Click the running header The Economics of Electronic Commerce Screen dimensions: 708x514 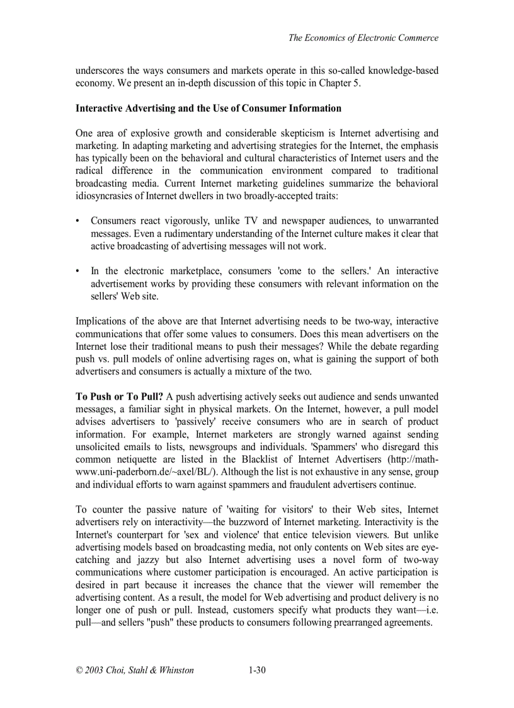click(x=363, y=38)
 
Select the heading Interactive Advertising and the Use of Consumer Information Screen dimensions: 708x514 click(x=208, y=108)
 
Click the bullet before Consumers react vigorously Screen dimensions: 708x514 click(x=77, y=221)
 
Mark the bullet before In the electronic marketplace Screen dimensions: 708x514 click(x=77, y=271)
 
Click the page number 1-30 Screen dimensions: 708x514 click(x=256, y=670)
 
